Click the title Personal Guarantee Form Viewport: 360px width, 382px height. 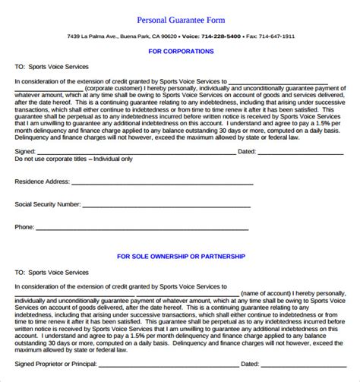pos(181,19)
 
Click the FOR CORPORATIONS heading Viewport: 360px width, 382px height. pos(181,51)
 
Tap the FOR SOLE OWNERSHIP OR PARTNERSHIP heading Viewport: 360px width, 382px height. pos(181,257)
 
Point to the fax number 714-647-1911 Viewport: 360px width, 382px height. pos(278,36)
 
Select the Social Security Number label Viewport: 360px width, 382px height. pos(47,205)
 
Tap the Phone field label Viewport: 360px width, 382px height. pos(24,226)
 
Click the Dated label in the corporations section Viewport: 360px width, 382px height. pos(247,151)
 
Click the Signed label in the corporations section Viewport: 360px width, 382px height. pos(25,151)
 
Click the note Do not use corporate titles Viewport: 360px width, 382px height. pos(74,159)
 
